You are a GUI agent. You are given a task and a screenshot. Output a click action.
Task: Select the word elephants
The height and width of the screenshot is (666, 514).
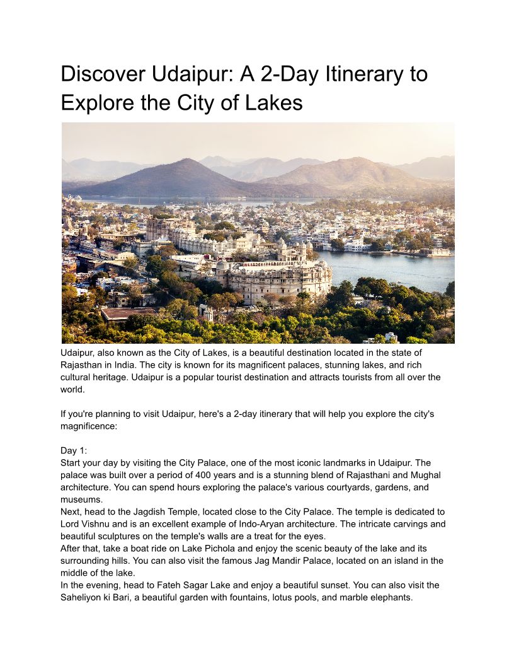click(391, 597)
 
